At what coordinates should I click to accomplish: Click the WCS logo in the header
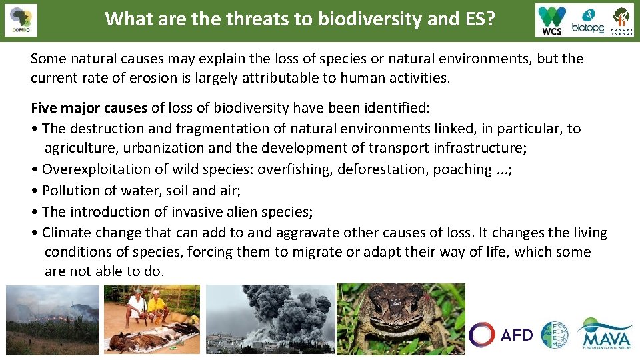tap(553, 20)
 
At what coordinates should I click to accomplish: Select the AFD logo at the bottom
tap(501, 335)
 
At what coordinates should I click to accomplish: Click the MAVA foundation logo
tap(605, 334)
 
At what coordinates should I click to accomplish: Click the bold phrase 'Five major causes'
tap(89, 108)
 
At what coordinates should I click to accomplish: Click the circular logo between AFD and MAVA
tap(555, 335)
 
